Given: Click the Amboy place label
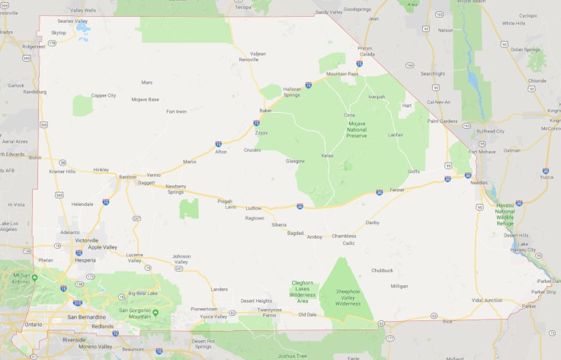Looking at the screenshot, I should (314, 236).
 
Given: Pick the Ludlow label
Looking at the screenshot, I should (252, 207).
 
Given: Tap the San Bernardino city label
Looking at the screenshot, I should (87, 316).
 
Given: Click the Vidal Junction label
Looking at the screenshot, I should (486, 300).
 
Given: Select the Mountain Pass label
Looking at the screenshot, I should (342, 74).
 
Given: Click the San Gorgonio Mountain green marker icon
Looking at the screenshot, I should (155, 313).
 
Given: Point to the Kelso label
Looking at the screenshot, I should (327, 156).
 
